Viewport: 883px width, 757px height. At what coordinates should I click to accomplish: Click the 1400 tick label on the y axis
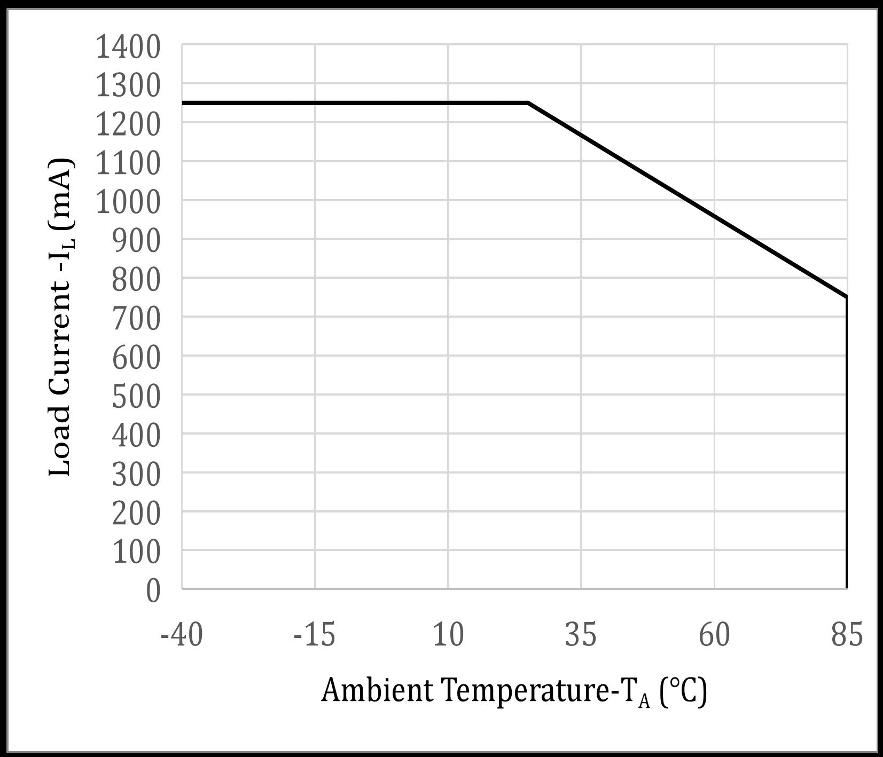pyautogui.click(x=127, y=48)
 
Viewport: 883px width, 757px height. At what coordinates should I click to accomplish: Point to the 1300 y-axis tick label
pyautogui.click(x=127, y=86)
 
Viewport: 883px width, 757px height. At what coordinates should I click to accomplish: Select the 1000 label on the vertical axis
pyautogui.click(x=127, y=203)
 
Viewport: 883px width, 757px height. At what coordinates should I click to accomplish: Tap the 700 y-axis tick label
pyautogui.click(x=136, y=319)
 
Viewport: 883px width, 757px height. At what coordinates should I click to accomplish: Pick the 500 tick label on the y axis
pyautogui.click(x=136, y=397)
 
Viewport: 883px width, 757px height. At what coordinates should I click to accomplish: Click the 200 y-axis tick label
pyautogui.click(x=136, y=514)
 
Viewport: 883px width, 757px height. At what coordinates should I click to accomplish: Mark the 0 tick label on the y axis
pyautogui.click(x=153, y=592)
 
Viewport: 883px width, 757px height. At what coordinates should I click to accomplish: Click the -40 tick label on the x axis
pyautogui.click(x=182, y=635)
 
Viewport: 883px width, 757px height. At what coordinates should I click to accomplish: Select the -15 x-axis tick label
pyautogui.click(x=315, y=635)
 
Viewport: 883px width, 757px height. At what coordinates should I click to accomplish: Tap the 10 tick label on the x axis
pyautogui.click(x=448, y=635)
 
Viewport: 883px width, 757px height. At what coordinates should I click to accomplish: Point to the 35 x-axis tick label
pyautogui.click(x=581, y=635)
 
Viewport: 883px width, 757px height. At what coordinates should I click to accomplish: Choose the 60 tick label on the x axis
pyautogui.click(x=714, y=635)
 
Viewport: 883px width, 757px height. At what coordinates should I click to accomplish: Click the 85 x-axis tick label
pyautogui.click(x=847, y=635)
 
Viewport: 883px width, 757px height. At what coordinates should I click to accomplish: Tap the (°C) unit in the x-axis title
pyautogui.click(x=683, y=691)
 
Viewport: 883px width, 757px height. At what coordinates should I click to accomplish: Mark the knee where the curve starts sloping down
pyautogui.click(x=528, y=102)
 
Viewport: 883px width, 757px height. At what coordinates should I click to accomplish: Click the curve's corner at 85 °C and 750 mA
pyautogui.click(x=847, y=297)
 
